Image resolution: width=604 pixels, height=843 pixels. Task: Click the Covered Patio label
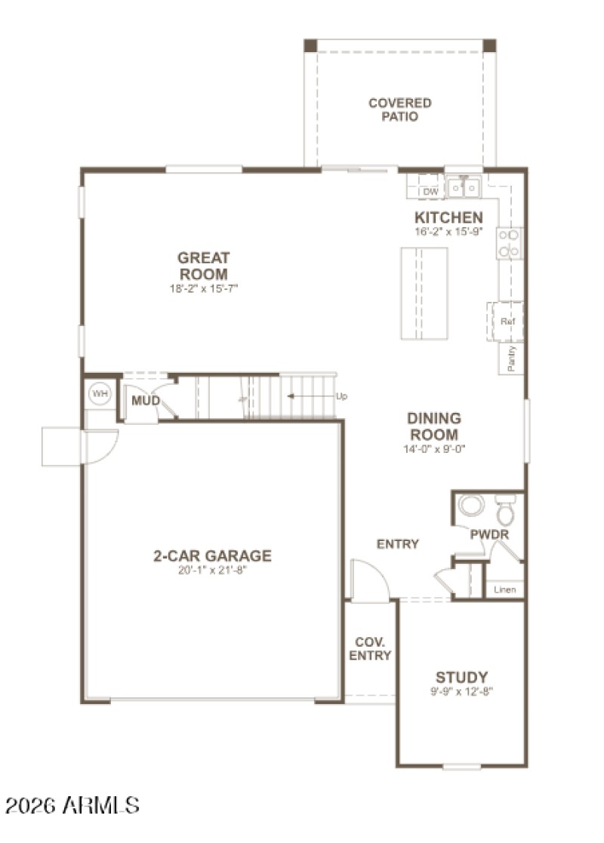pos(399,109)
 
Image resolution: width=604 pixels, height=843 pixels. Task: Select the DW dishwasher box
pos(430,192)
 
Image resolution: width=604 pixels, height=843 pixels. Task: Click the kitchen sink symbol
pos(464,186)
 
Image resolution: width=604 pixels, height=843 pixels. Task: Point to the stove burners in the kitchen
pos(509,243)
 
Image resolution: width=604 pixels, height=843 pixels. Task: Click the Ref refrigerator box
pos(507,322)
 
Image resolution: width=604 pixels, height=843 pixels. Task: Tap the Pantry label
pos(511,358)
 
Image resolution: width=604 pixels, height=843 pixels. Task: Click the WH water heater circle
pos(98,393)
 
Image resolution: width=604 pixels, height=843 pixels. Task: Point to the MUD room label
pos(145,400)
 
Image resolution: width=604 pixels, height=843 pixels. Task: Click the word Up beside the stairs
pos(341,396)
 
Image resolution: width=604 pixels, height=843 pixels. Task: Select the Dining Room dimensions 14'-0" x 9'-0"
pos(433,449)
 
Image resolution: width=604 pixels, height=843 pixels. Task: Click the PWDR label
pos(489,534)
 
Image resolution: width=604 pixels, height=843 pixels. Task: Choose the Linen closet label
pos(504,589)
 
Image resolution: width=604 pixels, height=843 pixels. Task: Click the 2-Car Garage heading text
pos(212,556)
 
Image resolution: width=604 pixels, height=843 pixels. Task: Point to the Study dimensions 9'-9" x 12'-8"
pos(461,691)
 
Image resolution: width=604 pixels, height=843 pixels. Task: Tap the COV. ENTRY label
pos(370,648)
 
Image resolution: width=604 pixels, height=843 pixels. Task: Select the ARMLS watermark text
pos(72,805)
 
